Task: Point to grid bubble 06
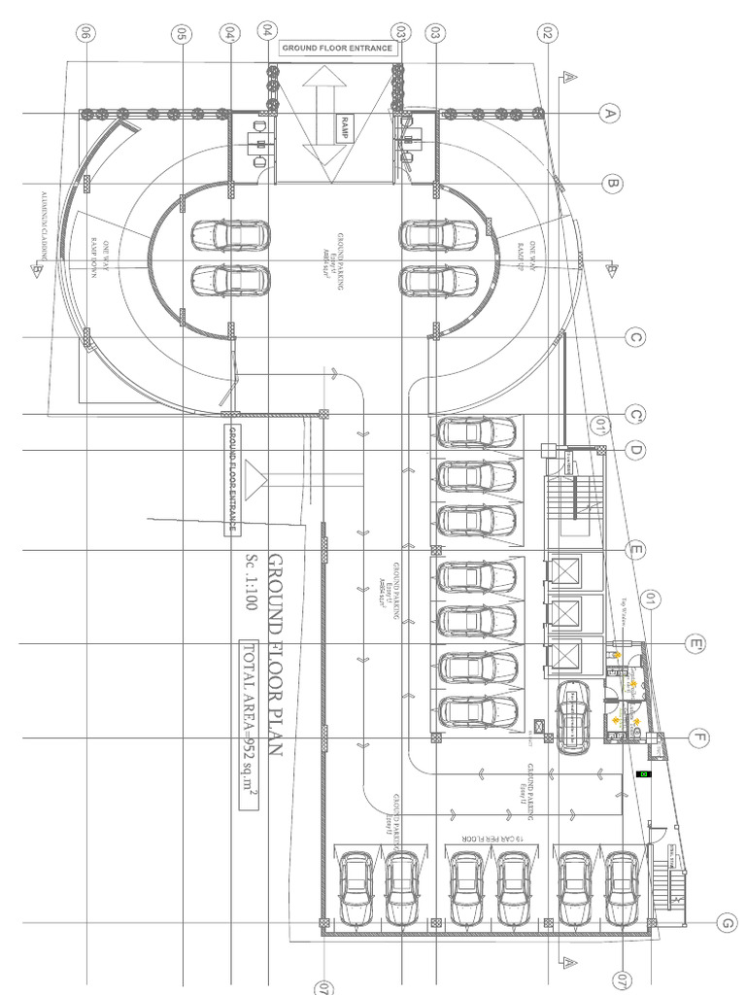click(86, 33)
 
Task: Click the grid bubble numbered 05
click(181, 33)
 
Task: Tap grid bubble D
click(636, 450)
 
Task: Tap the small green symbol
click(642, 774)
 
